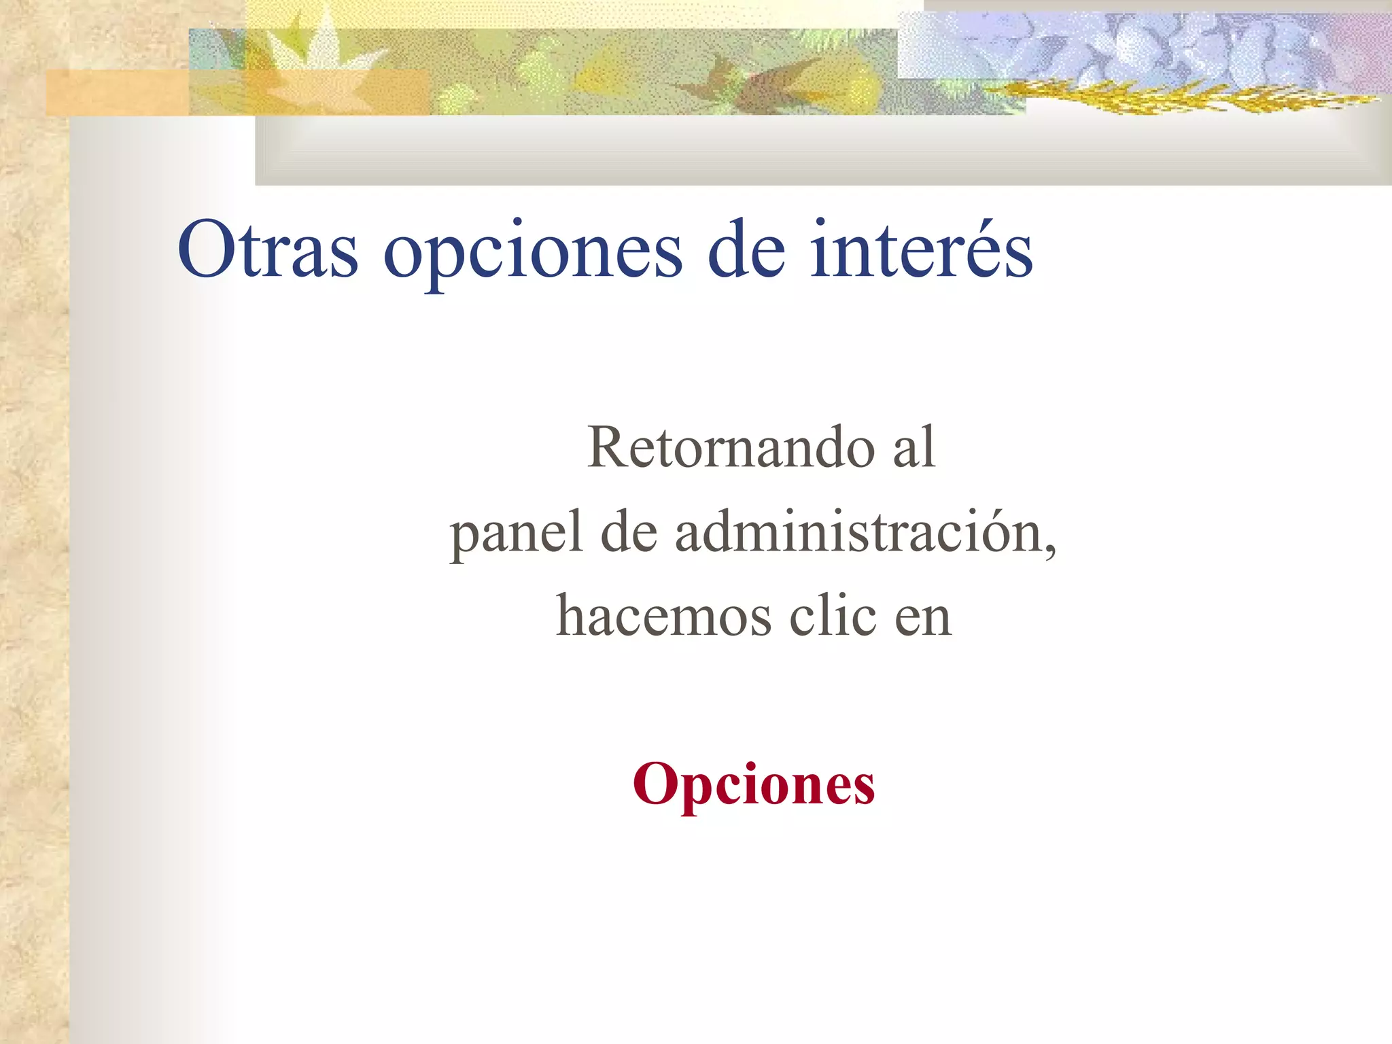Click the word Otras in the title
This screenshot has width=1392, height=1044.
267,250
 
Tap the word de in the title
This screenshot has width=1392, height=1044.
746,250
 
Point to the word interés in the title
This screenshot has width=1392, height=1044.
921,250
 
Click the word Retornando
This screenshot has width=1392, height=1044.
730,447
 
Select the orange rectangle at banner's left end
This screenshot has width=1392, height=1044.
116,92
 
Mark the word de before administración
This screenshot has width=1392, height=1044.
629,532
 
